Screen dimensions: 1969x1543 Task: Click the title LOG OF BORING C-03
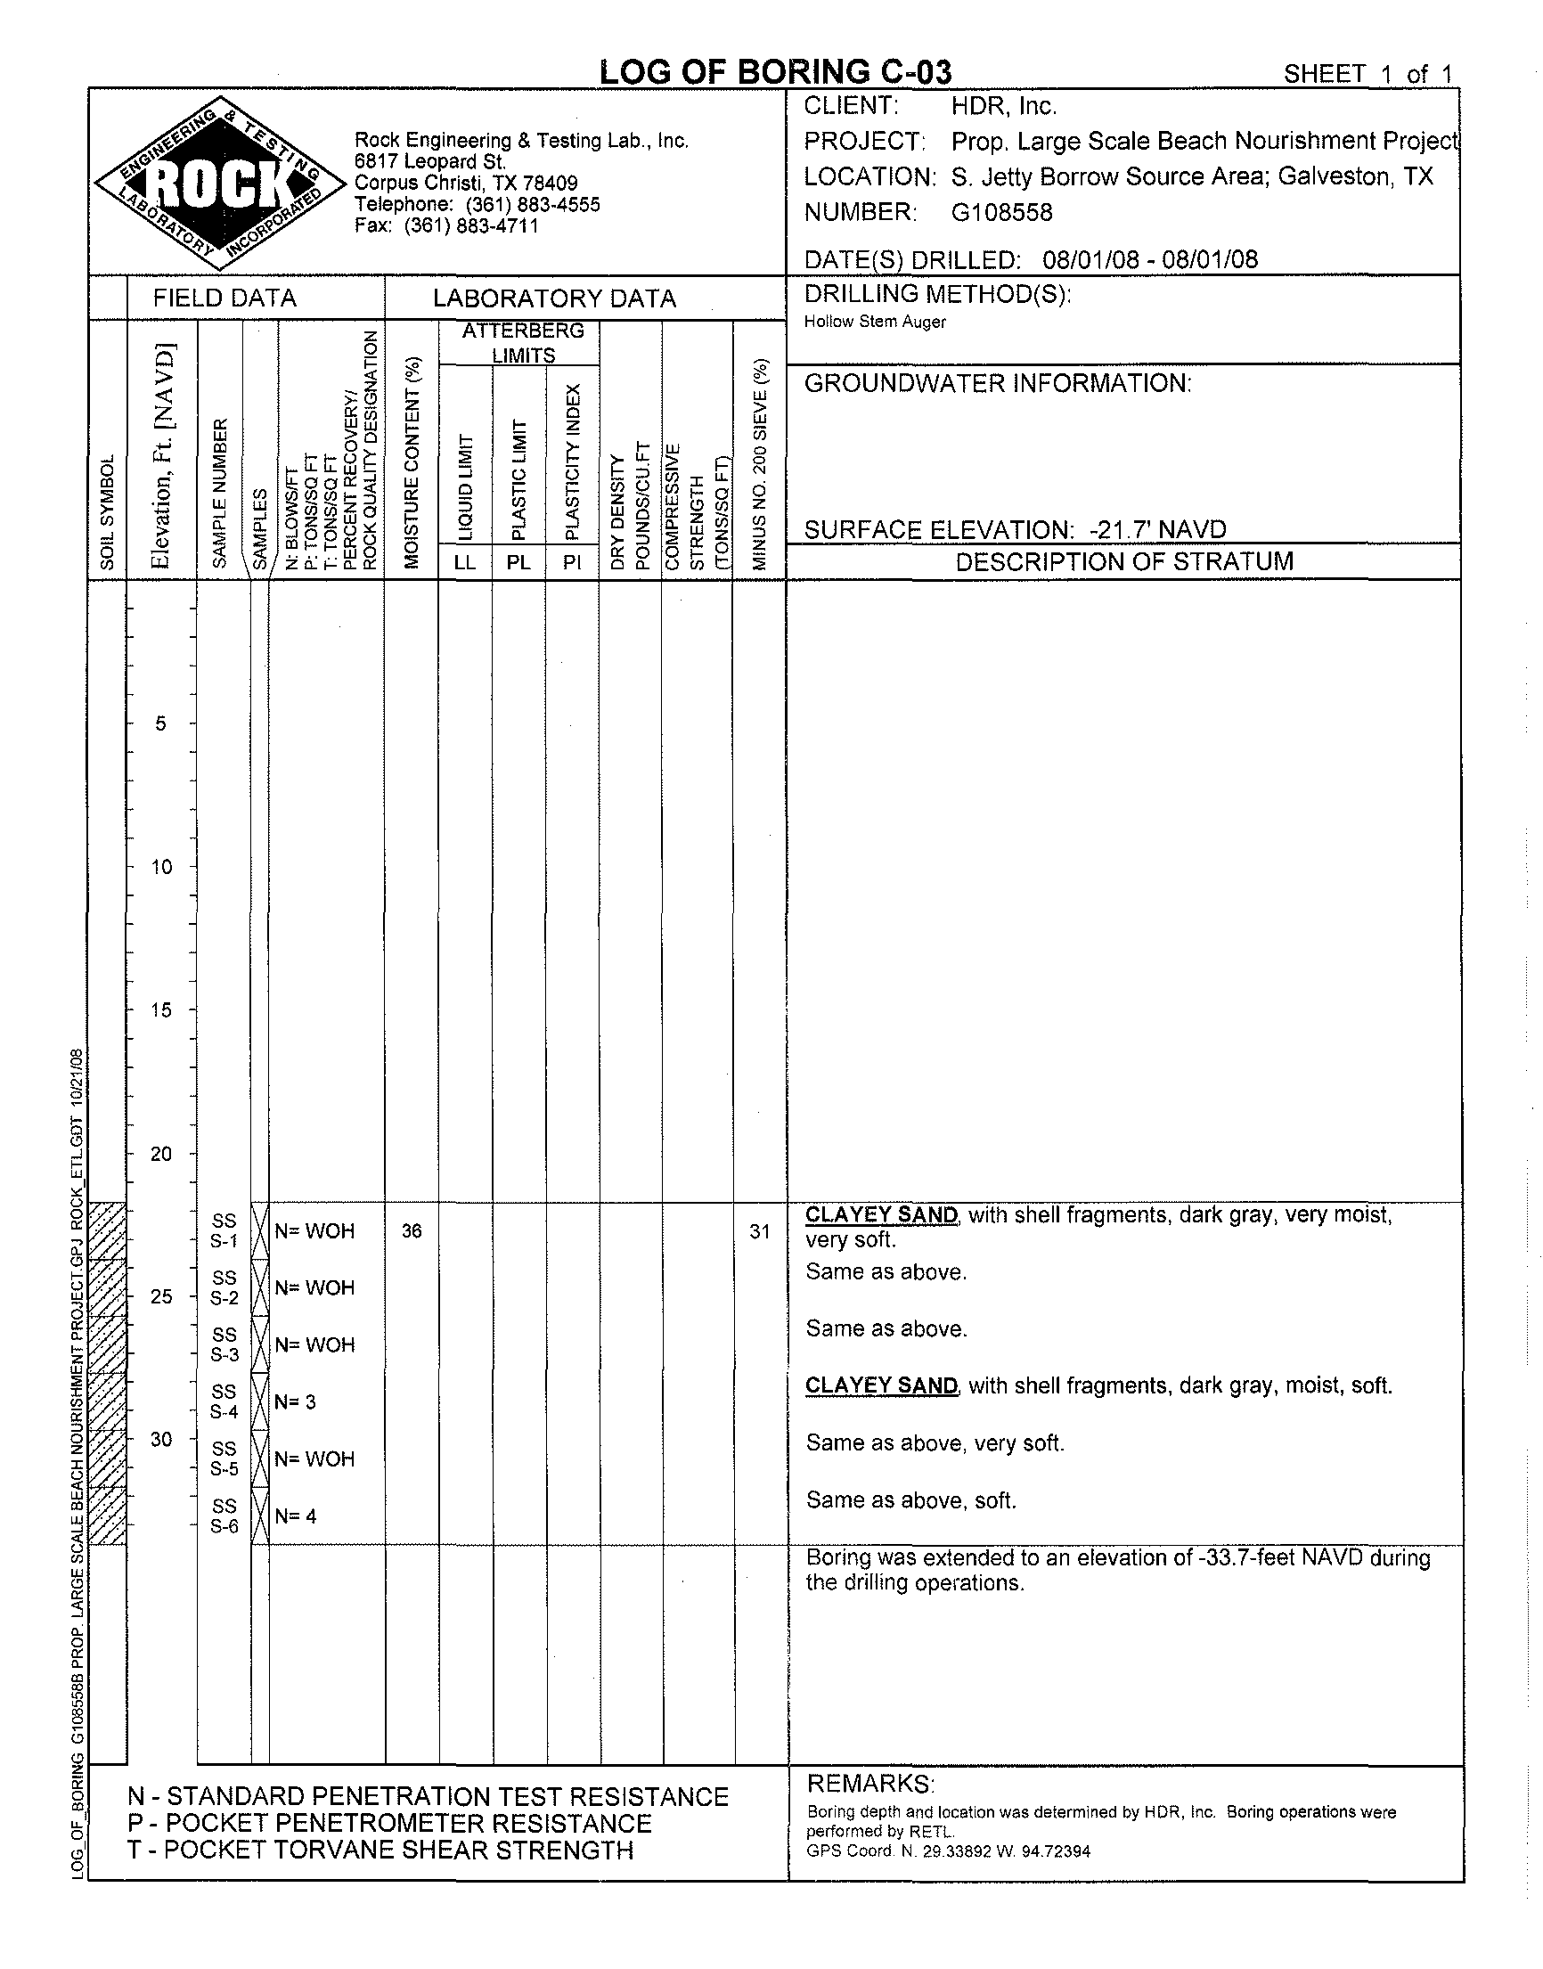pyautogui.click(x=775, y=71)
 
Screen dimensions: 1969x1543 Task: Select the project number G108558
pyautogui.click(x=1002, y=213)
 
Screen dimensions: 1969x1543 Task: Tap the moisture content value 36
pyautogui.click(x=412, y=1231)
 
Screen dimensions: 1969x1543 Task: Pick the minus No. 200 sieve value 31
pyautogui.click(x=760, y=1231)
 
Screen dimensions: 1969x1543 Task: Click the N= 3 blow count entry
pyautogui.click(x=296, y=1401)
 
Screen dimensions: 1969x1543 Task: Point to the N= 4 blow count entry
pyautogui.click(x=296, y=1516)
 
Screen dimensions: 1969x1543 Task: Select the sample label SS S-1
pyautogui.click(x=224, y=1231)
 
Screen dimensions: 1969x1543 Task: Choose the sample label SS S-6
pyautogui.click(x=224, y=1516)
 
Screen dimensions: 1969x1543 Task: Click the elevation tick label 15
pyautogui.click(x=161, y=1009)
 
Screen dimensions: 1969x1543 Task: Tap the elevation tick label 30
pyautogui.click(x=161, y=1439)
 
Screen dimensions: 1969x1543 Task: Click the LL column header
pyautogui.click(x=465, y=562)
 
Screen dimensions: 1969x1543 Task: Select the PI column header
pyautogui.click(x=572, y=562)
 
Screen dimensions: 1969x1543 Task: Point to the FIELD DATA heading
pyautogui.click(x=224, y=298)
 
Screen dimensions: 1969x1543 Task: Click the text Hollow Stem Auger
pyautogui.click(x=875, y=323)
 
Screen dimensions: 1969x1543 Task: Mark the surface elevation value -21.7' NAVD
pyautogui.click(x=1158, y=529)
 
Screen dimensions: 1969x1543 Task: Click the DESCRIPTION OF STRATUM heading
pyautogui.click(x=1124, y=561)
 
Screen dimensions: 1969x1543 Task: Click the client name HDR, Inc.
pyautogui.click(x=1004, y=107)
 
